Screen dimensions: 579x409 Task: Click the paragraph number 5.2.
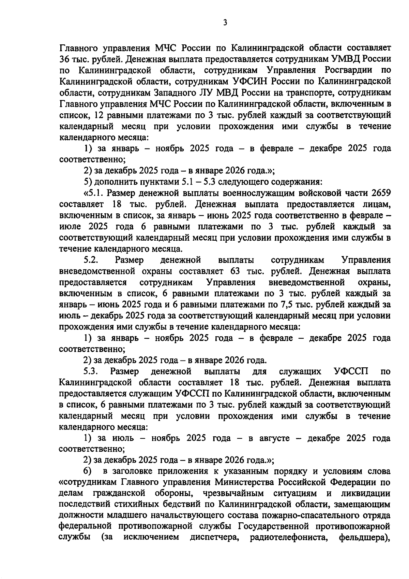(91, 260)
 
